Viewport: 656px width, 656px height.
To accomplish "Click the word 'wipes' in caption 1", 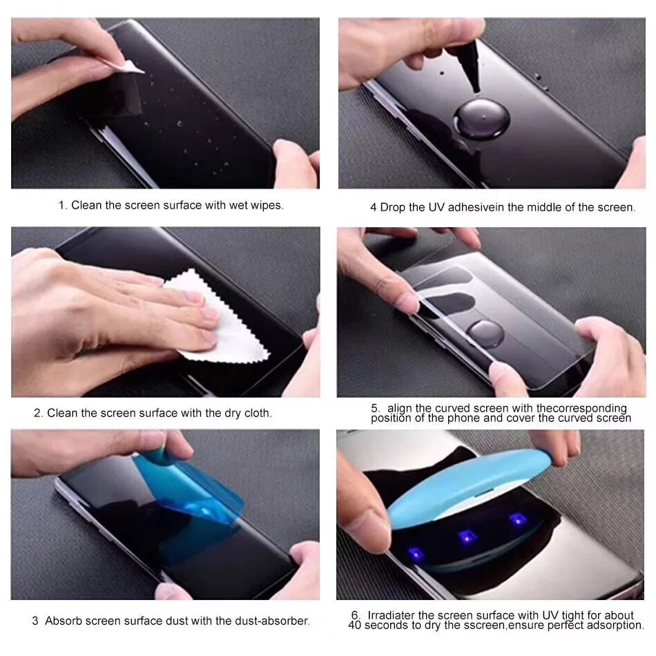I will (266, 206).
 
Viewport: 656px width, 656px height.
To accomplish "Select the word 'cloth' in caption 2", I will (256, 414).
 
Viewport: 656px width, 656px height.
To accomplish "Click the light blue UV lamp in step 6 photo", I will (470, 483).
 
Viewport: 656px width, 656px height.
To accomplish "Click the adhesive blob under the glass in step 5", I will (488, 334).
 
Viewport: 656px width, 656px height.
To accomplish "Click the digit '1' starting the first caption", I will (61, 206).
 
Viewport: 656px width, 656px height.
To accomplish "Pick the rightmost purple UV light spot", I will (514, 519).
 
